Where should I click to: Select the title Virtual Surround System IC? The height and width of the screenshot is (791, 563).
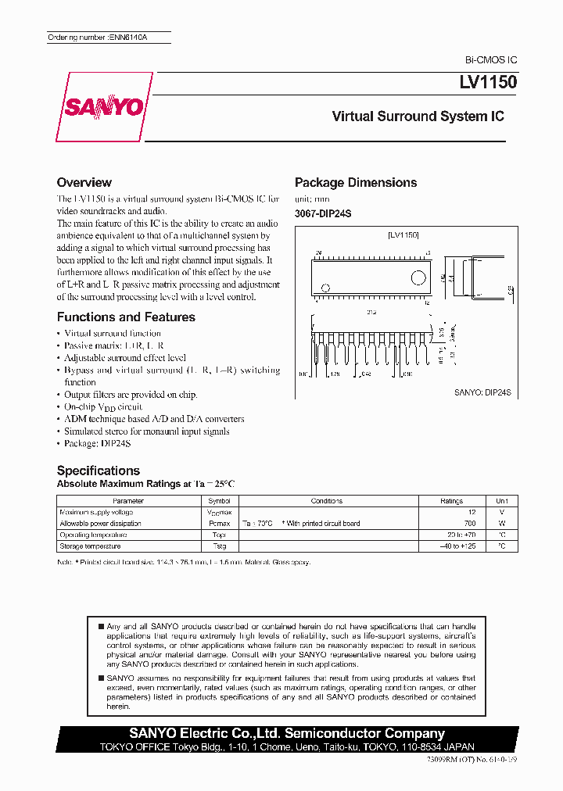pyautogui.click(x=418, y=116)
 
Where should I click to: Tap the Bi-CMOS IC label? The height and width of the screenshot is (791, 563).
pyautogui.click(x=491, y=60)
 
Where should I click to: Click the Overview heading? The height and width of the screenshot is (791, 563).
pyautogui.click(x=84, y=182)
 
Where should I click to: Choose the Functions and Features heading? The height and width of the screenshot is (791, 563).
pyautogui.click(x=126, y=317)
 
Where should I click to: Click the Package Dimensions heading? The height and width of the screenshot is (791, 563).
pyautogui.click(x=356, y=183)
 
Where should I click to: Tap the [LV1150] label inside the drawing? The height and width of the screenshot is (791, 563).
pyautogui.click(x=403, y=234)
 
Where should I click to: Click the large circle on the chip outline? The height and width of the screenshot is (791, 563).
pyautogui.click(x=420, y=277)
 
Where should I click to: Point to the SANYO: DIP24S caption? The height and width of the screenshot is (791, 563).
pyautogui.click(x=482, y=396)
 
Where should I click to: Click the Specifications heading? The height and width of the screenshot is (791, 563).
pyautogui.click(x=99, y=471)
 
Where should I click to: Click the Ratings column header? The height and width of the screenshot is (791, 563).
pyautogui.click(x=451, y=501)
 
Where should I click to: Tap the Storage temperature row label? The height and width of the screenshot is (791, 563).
pyautogui.click(x=90, y=546)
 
